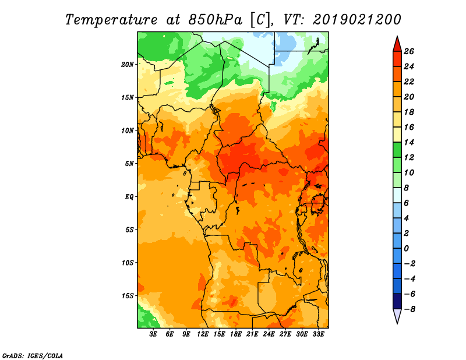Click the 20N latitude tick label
pos(128,64)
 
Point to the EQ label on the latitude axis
pos(129,197)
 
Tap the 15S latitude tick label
pos(128,296)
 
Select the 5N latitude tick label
pos(129,164)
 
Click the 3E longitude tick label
pos(153,334)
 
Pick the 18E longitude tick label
pos(236,334)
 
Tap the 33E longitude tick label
pos(318,334)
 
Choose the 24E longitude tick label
pos(269,334)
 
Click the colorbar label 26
pos(409,51)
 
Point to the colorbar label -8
pos(409,309)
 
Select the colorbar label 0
pos(407,249)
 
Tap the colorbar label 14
pos(409,142)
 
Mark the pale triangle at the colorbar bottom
pos(397,316)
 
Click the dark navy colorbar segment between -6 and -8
pos(397,301)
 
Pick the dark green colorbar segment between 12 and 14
pos(397,150)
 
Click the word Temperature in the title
pos(111,20)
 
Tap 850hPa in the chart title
pos(216,20)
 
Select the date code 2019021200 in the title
pos(357,20)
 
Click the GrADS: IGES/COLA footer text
pos(33,355)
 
